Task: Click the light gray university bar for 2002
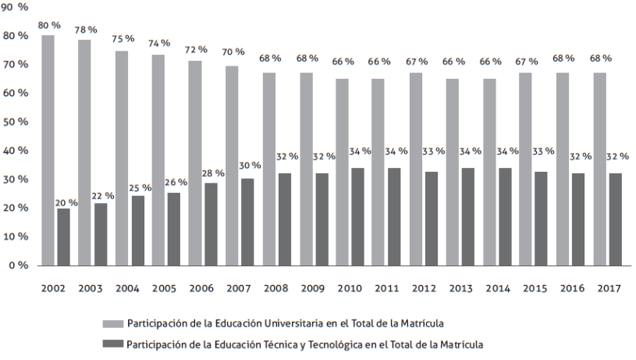click(48, 150)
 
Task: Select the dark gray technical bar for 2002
click(62, 237)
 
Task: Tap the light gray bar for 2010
click(342, 172)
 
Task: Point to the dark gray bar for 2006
click(211, 224)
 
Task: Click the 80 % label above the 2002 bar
click(49, 25)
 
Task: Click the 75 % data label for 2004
click(123, 38)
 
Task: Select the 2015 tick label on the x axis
click(534, 289)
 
